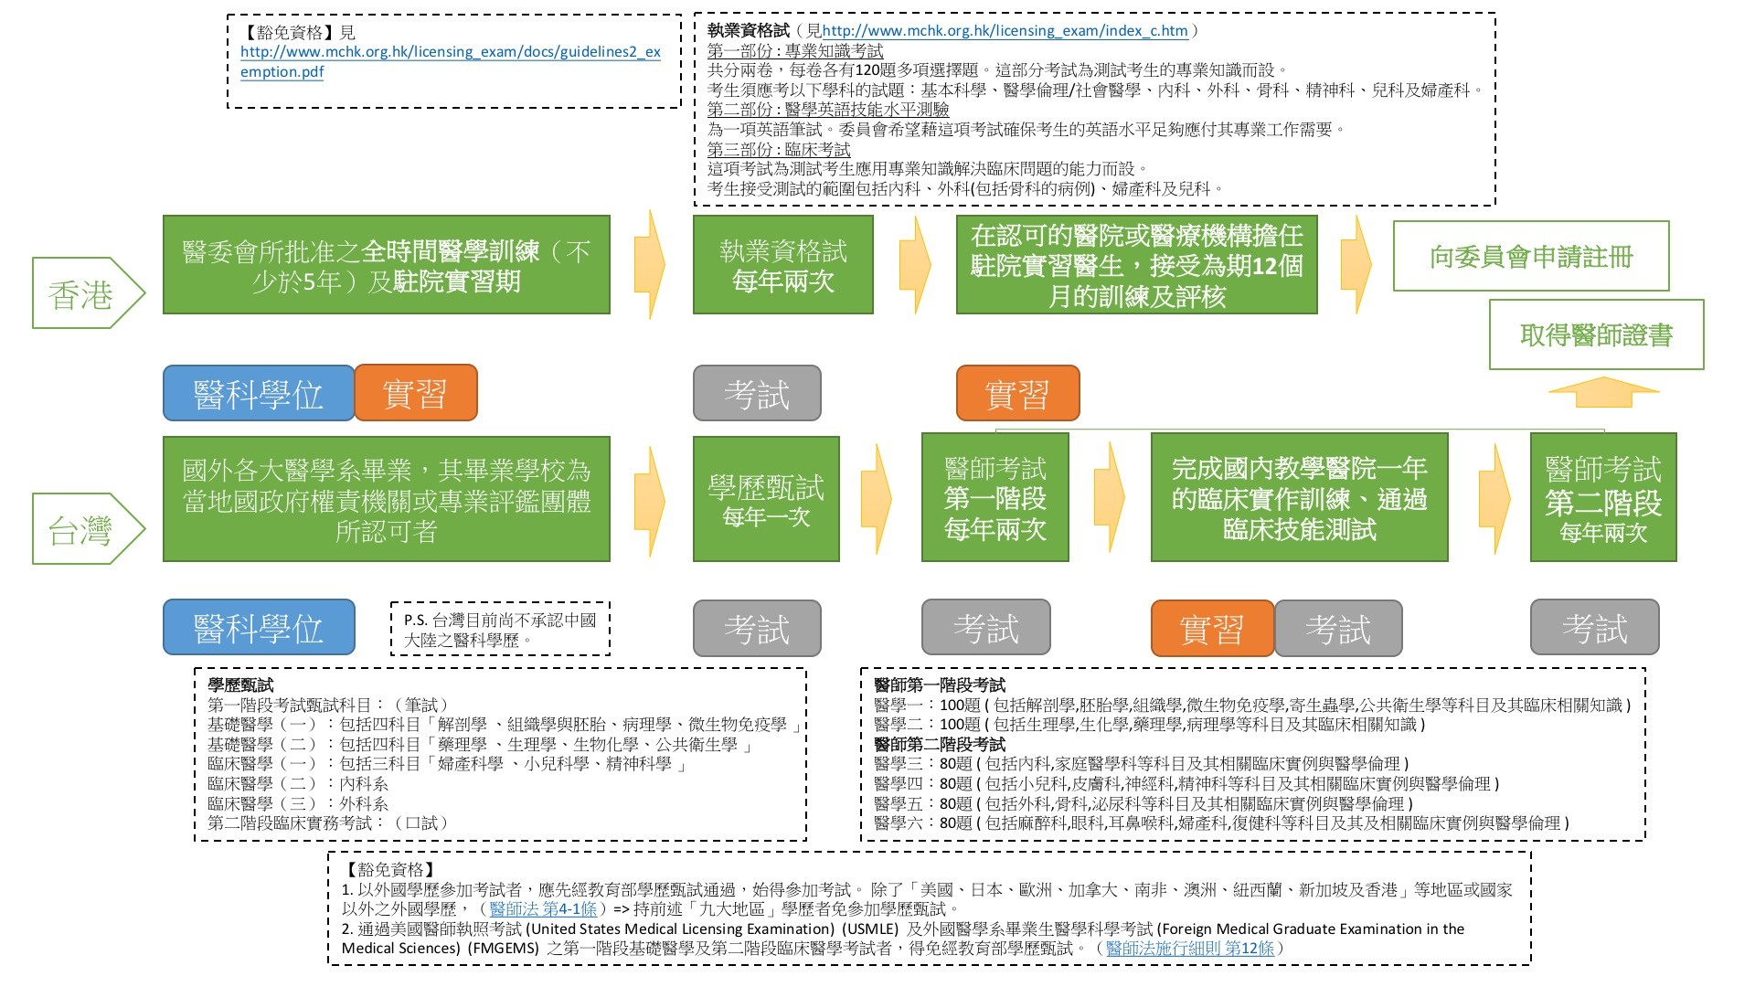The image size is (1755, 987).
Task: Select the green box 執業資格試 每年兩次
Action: click(x=782, y=265)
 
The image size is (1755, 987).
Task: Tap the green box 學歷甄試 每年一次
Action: click(x=766, y=499)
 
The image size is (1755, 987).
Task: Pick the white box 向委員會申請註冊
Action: click(x=1530, y=257)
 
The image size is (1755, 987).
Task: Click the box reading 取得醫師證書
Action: click(x=1596, y=335)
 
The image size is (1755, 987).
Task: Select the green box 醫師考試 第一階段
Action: click(x=994, y=499)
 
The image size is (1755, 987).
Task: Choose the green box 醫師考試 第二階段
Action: click(x=1603, y=499)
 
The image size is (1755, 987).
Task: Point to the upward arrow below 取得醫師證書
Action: click(x=1603, y=392)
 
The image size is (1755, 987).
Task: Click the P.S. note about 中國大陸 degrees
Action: click(x=500, y=630)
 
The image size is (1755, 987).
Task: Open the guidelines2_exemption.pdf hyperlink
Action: click(x=450, y=61)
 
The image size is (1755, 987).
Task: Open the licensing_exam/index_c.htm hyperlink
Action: click(x=1005, y=30)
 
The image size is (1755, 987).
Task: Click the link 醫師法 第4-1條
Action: click(x=543, y=908)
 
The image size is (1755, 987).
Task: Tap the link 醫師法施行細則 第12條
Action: click(x=1189, y=949)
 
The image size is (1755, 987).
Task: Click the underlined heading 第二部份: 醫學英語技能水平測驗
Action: click(x=828, y=110)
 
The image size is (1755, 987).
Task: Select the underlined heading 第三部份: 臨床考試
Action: click(x=779, y=149)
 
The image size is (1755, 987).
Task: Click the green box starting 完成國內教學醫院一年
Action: click(x=1299, y=499)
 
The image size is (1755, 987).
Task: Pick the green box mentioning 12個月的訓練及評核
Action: click(x=1136, y=265)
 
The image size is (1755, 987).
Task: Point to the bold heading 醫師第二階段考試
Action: click(x=940, y=745)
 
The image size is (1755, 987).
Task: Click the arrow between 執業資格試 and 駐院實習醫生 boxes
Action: click(x=914, y=265)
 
